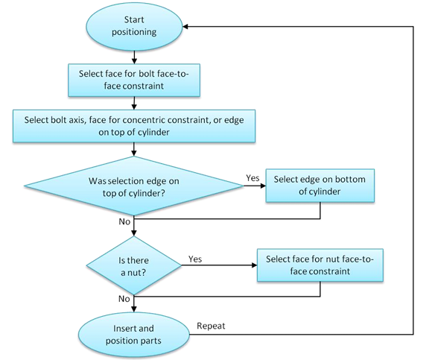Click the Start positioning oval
coord(134,27)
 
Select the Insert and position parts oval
coord(134,335)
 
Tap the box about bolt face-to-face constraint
coord(134,80)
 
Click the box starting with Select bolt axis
coord(134,126)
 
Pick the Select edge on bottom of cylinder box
coord(320,186)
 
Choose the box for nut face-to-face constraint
coord(320,265)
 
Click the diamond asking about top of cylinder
coord(134,186)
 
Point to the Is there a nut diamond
coord(134,265)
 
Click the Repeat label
coord(211,326)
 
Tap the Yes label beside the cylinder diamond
coord(253,178)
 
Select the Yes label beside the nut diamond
coord(195,259)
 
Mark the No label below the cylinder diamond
coord(124,221)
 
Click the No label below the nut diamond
coord(124,299)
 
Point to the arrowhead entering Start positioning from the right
coord(185,27)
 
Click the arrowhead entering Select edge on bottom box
coord(263,186)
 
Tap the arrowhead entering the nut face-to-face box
coord(255,265)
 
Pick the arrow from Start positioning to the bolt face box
coord(134,57)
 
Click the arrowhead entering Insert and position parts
coord(134,309)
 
